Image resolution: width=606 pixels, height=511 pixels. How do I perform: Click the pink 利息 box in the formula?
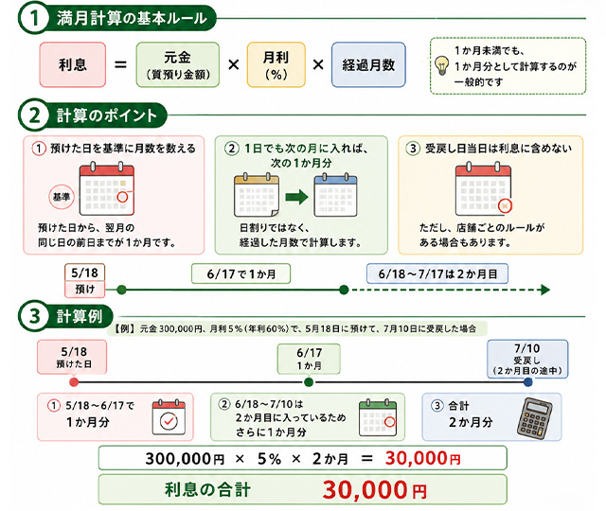73,64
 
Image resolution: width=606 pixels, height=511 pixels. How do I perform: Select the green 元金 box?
177,64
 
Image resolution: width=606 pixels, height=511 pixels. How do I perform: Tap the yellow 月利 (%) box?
276,64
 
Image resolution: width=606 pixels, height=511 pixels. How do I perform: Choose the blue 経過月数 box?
368,64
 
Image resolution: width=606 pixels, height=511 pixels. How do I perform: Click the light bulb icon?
442,65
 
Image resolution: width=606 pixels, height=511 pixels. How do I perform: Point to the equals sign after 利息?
120,64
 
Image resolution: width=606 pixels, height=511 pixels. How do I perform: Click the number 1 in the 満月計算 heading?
34,19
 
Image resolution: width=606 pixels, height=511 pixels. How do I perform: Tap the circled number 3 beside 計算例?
34,316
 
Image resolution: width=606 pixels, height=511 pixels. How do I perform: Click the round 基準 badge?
61,197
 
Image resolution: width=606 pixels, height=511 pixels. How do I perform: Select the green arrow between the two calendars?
296,197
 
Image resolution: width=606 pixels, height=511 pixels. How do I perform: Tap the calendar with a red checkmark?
169,417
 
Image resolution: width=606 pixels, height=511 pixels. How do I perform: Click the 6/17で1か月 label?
241,273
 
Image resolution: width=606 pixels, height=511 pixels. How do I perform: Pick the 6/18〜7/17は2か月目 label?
437,273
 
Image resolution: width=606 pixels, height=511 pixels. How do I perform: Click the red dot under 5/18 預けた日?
74,382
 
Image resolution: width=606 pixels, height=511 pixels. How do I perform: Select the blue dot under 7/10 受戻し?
527,382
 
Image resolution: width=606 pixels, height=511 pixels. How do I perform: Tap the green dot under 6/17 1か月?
309,382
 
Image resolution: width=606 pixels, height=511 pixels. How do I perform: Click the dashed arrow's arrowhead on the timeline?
545,290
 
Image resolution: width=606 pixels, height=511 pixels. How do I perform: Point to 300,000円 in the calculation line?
185,459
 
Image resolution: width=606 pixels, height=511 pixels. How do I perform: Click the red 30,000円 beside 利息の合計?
375,490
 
